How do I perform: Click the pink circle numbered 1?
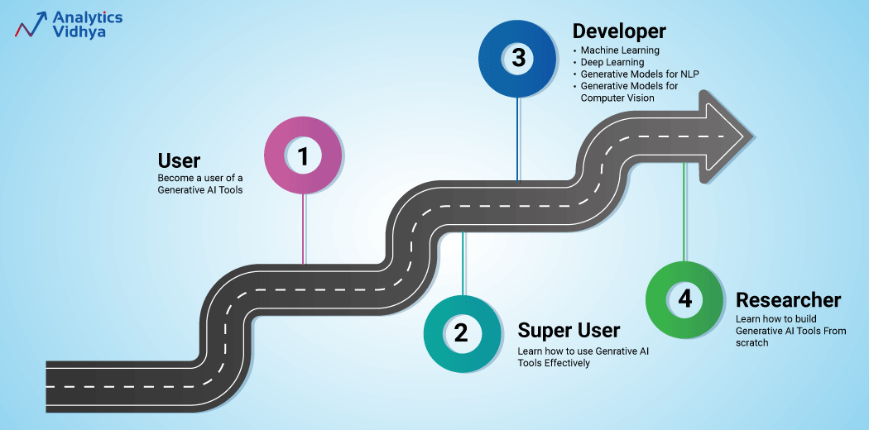303,157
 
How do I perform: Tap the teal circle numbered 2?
461,334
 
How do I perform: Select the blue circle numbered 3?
518,58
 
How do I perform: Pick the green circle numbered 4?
684,299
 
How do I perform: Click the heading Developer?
619,31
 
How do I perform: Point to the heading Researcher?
788,299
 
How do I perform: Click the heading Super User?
569,331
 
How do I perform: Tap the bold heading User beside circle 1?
179,160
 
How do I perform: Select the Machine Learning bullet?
620,50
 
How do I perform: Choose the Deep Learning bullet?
612,62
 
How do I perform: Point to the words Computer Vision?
617,98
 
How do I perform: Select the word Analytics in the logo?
87,17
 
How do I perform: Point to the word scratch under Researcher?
752,342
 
